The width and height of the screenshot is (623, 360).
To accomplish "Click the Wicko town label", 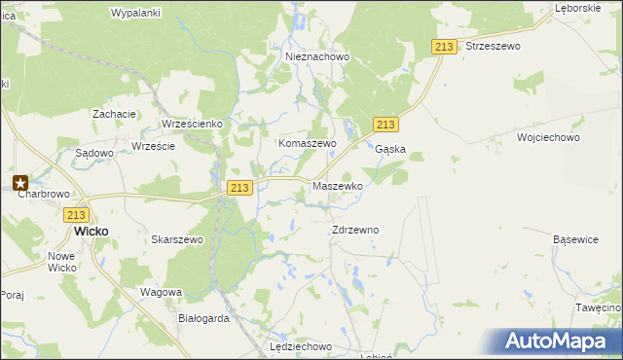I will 92,232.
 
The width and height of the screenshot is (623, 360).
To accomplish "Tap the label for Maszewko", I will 337,185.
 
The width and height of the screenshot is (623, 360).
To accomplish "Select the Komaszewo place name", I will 307,143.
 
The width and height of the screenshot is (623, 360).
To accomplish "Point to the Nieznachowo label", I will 317,57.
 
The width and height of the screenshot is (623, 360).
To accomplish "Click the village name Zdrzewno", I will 354,230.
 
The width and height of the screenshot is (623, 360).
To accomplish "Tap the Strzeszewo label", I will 494,46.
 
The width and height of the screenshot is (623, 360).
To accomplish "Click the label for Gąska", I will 389,150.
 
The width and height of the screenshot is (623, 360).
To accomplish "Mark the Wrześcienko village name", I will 193,125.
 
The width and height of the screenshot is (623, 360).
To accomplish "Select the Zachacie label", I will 114,114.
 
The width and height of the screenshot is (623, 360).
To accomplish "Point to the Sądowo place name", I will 95,153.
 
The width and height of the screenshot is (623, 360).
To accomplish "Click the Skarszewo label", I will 176,239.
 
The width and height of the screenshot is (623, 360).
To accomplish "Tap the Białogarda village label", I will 203,318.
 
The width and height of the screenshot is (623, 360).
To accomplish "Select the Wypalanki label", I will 135,13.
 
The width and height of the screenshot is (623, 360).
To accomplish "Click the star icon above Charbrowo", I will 20,181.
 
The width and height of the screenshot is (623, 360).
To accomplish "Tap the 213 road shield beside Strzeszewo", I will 445,48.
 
